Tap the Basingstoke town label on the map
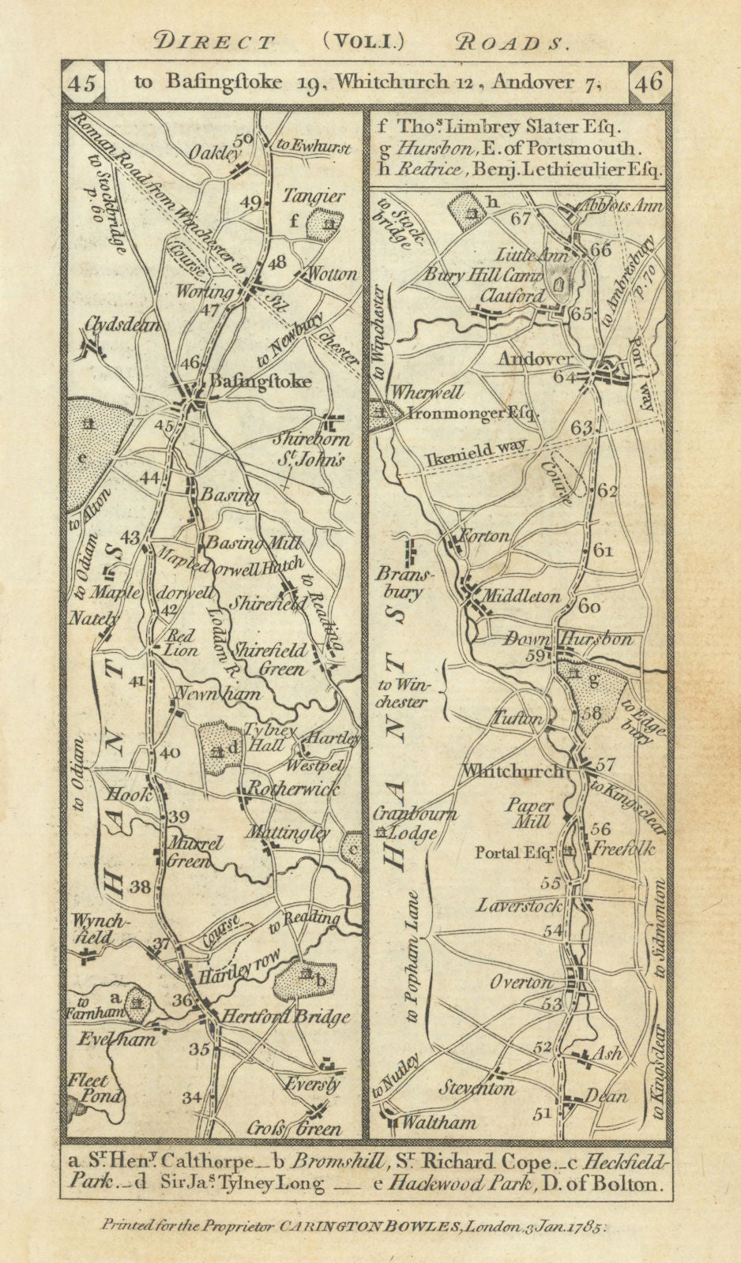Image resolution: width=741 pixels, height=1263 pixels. (260, 381)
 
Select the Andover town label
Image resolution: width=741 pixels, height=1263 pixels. (535, 359)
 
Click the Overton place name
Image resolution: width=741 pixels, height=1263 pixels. (521, 983)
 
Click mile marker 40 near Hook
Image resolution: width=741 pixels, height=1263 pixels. (169, 753)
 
